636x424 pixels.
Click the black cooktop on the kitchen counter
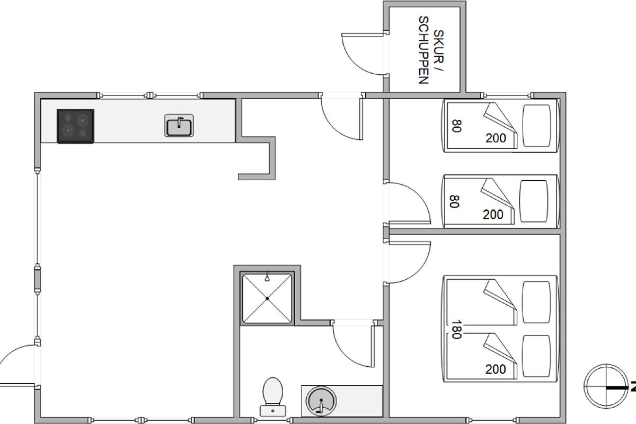75,126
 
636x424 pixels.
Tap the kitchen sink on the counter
179,126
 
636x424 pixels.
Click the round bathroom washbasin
321,401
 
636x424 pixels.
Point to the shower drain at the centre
267,298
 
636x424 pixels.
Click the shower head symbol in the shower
267,277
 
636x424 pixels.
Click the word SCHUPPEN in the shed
423,50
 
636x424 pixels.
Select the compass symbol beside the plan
606,386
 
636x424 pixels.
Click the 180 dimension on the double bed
456,330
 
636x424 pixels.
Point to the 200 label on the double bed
496,369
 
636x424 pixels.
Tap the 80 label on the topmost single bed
456,126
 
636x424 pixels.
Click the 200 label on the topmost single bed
496,138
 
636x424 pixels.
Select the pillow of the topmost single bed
536,126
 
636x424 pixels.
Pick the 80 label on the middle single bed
454,201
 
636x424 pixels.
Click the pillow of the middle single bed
534,201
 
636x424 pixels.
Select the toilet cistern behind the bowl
273,411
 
